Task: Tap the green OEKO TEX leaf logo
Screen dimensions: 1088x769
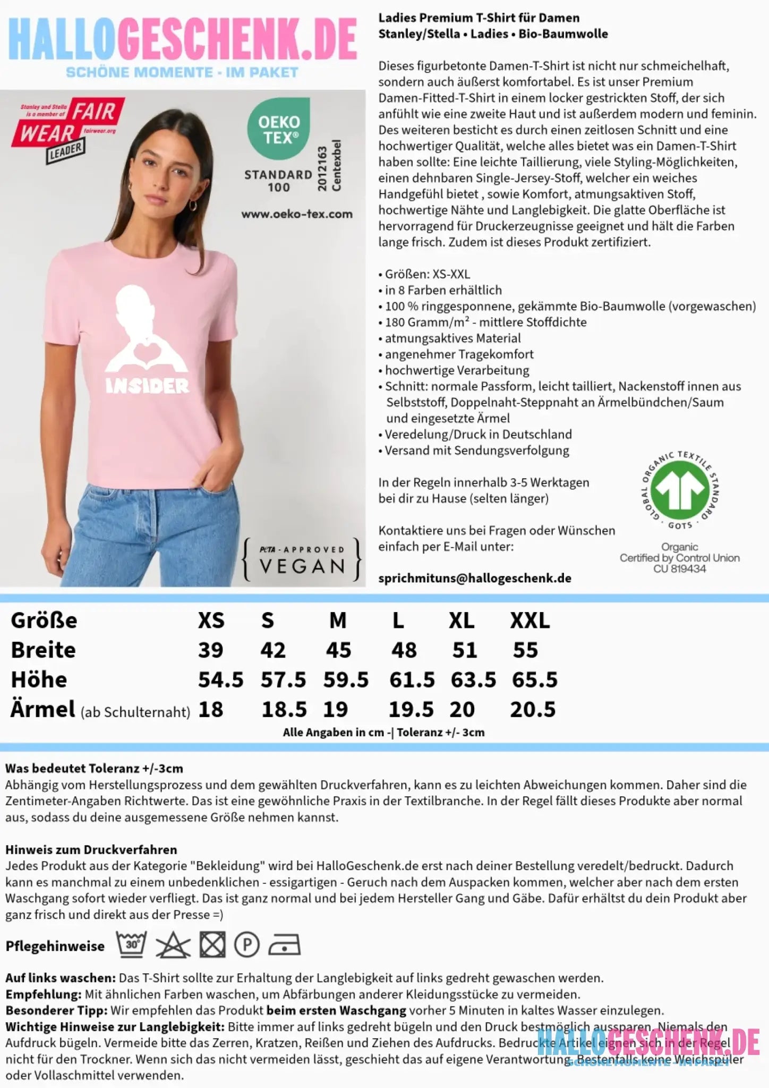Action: pyautogui.click(x=278, y=128)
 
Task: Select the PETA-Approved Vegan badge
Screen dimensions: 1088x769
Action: pyautogui.click(x=302, y=560)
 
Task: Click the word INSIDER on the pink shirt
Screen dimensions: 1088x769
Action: pyautogui.click(x=147, y=386)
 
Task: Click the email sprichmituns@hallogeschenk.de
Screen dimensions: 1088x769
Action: pyautogui.click(x=475, y=579)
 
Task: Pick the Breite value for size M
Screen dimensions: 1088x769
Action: pyautogui.click(x=338, y=650)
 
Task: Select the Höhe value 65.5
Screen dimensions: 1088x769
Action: pyautogui.click(x=534, y=680)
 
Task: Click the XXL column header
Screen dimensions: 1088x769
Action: pyautogui.click(x=530, y=620)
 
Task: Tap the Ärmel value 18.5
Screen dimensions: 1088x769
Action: pyautogui.click(x=284, y=710)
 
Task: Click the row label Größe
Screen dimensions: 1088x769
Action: pyautogui.click(x=44, y=620)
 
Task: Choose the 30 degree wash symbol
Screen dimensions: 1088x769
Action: pyautogui.click(x=131, y=945)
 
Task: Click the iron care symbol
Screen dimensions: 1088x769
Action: pyautogui.click(x=284, y=946)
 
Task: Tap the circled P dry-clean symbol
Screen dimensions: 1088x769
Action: pyautogui.click(x=246, y=946)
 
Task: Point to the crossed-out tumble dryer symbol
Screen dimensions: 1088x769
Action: pyautogui.click(x=212, y=946)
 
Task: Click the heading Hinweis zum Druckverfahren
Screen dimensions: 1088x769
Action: pyautogui.click(x=91, y=849)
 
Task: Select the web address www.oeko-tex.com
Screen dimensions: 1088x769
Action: pyautogui.click(x=297, y=214)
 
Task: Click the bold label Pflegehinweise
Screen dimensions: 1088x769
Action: pyautogui.click(x=55, y=946)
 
